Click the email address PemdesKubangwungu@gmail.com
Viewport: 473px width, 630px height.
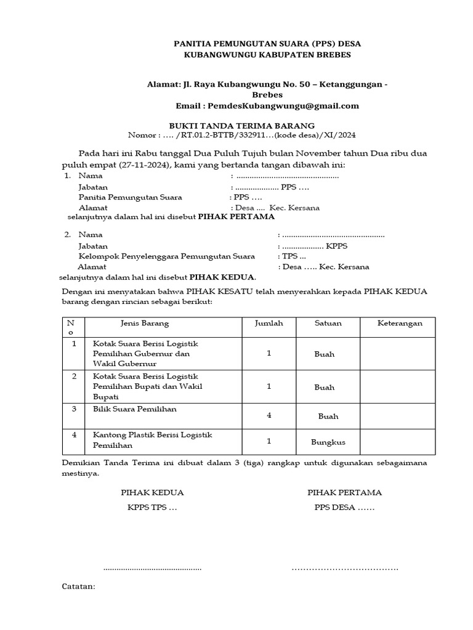click(x=283, y=106)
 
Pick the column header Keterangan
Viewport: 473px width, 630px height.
click(x=400, y=324)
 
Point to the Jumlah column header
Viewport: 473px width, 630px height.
click(x=269, y=324)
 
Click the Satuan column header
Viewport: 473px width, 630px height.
click(x=328, y=324)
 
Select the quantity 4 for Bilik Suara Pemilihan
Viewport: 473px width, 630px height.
click(x=269, y=416)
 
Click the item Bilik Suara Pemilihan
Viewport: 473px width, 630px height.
click(x=131, y=409)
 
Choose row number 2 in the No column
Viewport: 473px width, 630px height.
click(x=74, y=376)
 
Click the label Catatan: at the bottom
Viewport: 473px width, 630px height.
click(x=79, y=586)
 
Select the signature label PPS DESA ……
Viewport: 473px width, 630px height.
click(x=344, y=508)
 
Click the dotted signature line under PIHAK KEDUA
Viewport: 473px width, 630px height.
click(x=152, y=568)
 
